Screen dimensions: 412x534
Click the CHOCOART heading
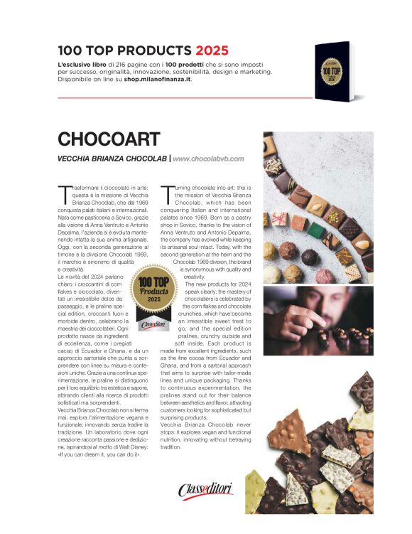(108, 139)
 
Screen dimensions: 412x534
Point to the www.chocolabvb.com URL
(208, 159)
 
